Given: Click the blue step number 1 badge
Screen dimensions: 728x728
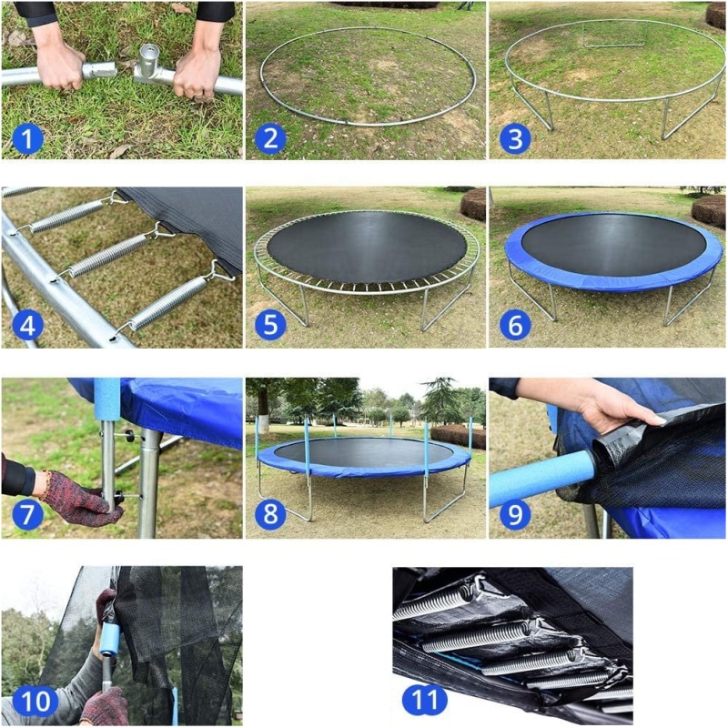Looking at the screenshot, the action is [x=27, y=138].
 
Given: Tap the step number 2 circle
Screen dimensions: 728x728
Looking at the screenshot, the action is [x=270, y=138].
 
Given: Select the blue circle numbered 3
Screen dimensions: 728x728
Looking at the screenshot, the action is [x=515, y=138].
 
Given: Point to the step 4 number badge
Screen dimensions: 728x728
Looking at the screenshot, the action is [x=27, y=325].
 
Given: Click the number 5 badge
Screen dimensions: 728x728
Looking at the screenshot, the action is [x=270, y=325].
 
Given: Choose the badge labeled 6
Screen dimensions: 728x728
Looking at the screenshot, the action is [x=515, y=325].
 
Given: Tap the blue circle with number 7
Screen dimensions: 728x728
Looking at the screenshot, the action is [x=27, y=514].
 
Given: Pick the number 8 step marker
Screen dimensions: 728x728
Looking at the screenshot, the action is [x=270, y=514].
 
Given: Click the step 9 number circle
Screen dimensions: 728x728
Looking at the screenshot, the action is [x=515, y=514].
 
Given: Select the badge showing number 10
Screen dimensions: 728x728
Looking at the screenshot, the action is [x=35, y=701].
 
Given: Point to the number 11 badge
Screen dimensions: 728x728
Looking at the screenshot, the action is [x=425, y=699].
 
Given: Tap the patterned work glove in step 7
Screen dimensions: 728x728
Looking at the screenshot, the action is [x=80, y=498].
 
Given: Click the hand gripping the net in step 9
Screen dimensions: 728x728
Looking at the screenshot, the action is [x=612, y=403].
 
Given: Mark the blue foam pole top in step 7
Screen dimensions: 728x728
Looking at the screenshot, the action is [x=106, y=399].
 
